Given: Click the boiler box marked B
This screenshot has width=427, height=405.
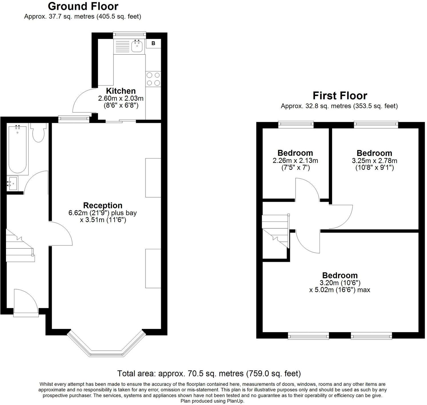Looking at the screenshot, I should [x=153, y=43].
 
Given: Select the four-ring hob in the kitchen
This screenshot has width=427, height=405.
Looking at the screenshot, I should [x=153, y=79].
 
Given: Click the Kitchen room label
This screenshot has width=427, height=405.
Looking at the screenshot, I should [x=121, y=91].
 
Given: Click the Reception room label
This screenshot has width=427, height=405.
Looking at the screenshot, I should [x=103, y=206].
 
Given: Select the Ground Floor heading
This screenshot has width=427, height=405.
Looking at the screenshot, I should [x=83, y=6].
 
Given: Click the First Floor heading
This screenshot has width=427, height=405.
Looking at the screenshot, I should [x=340, y=95].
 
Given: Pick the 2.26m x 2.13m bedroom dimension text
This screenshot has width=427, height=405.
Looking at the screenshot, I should [x=295, y=161].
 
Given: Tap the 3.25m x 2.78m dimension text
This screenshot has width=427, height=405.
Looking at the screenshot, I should [x=374, y=161].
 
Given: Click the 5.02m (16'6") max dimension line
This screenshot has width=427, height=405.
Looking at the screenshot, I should [x=340, y=290].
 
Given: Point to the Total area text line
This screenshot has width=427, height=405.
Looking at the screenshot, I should [x=209, y=373].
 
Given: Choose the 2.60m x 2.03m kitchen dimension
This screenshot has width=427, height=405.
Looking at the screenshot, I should [x=121, y=99].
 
